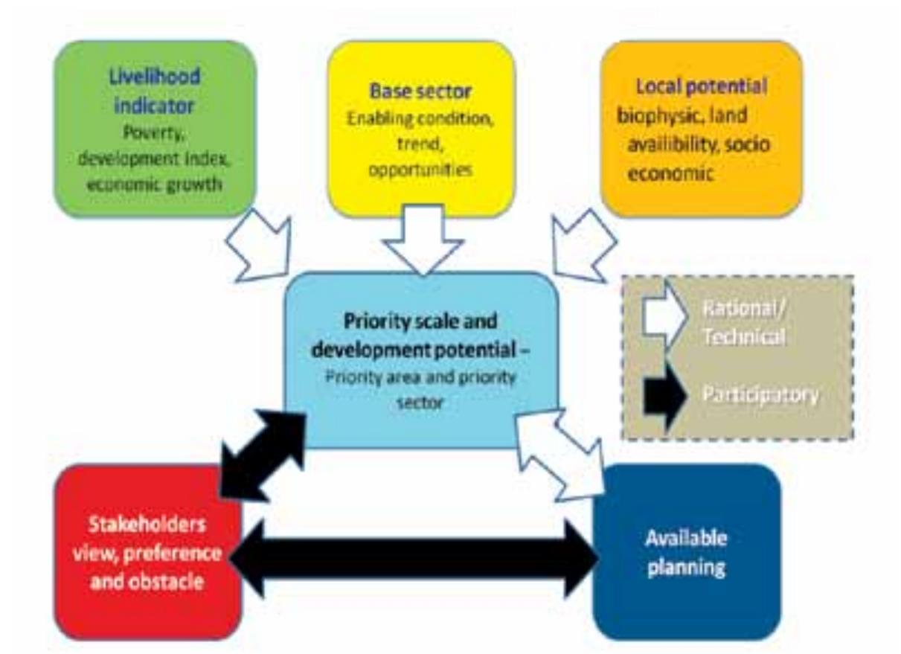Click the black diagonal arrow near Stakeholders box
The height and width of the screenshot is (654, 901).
(x=264, y=455)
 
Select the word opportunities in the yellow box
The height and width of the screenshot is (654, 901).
(x=422, y=169)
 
